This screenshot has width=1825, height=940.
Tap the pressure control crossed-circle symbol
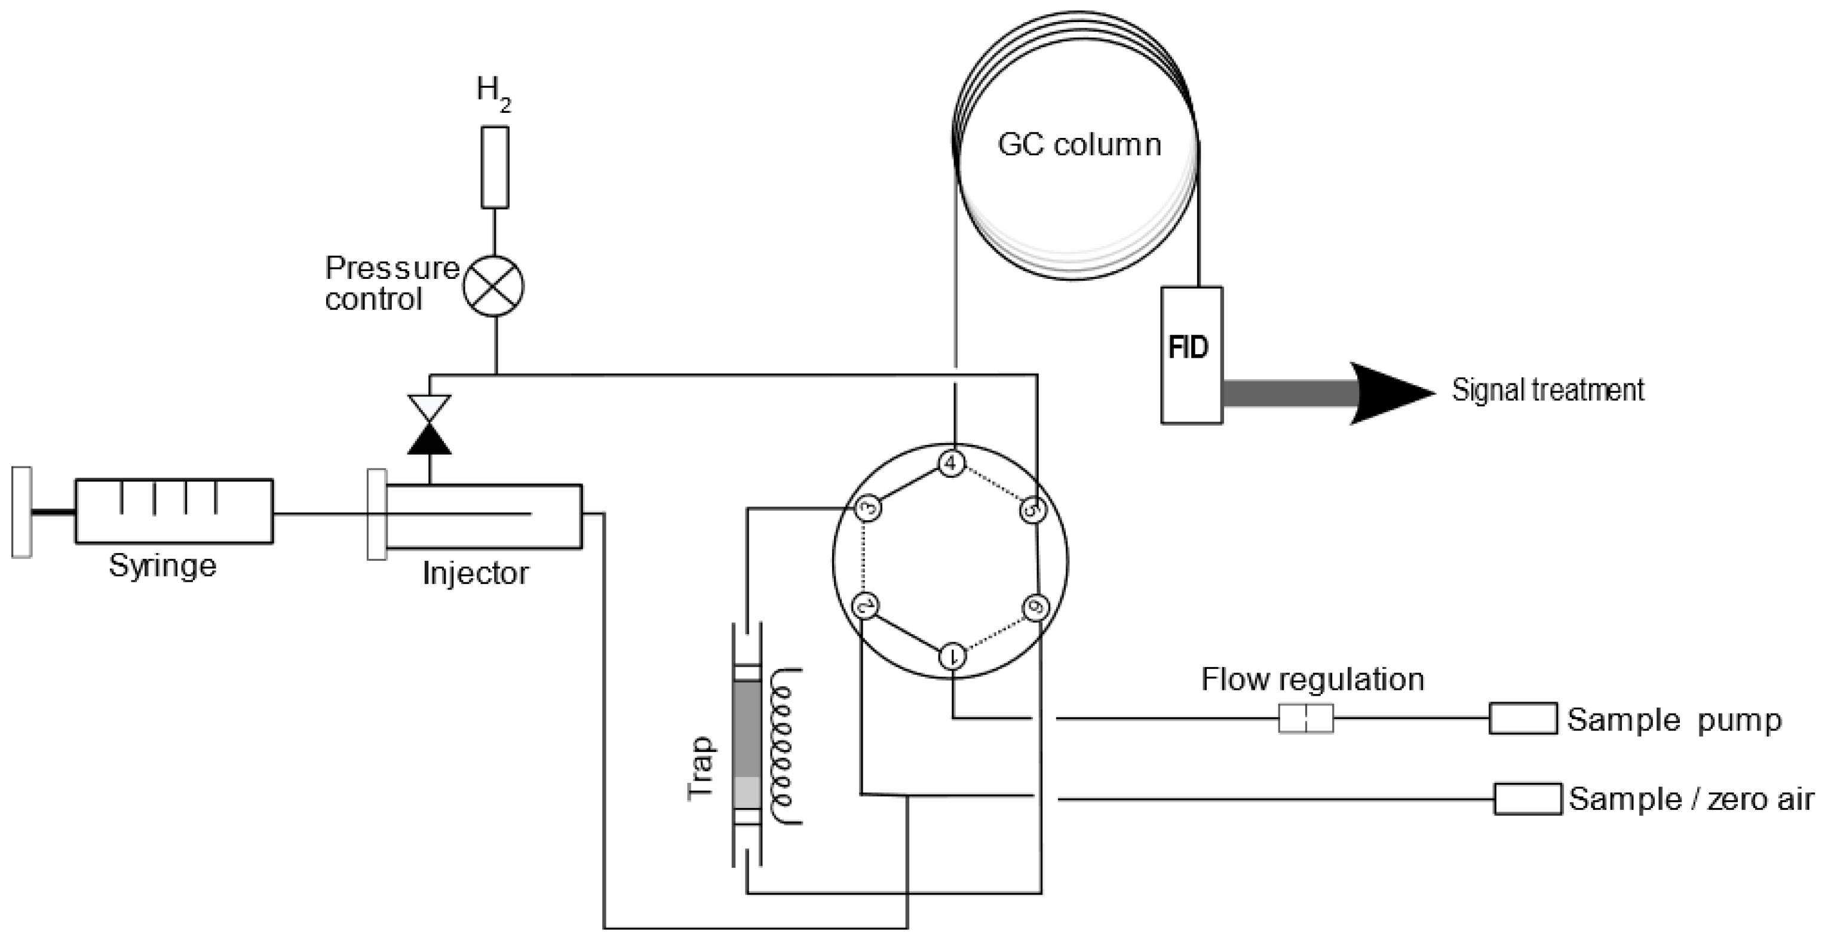pyautogui.click(x=494, y=286)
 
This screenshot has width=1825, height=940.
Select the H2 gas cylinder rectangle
pyautogui.click(x=495, y=167)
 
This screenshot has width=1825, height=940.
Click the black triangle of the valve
pyautogui.click(x=430, y=441)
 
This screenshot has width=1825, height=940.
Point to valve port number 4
pyautogui.click(x=952, y=463)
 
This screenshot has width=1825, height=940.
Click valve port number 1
pyautogui.click(x=953, y=656)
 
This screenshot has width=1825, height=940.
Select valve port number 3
pyautogui.click(x=869, y=508)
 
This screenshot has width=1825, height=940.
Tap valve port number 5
pyautogui.click(x=1033, y=509)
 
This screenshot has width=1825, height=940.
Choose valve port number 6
pyautogui.click(x=1036, y=608)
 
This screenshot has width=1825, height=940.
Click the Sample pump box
pyautogui.click(x=1523, y=718)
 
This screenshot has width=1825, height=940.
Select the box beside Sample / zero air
pyautogui.click(x=1528, y=799)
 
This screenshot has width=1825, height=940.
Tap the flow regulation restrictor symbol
pyautogui.click(x=1305, y=718)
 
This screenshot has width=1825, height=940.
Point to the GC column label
pyautogui.click(x=1079, y=145)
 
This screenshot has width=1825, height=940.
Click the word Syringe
pyautogui.click(x=162, y=566)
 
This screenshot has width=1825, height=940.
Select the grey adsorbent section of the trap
pyautogui.click(x=747, y=730)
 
